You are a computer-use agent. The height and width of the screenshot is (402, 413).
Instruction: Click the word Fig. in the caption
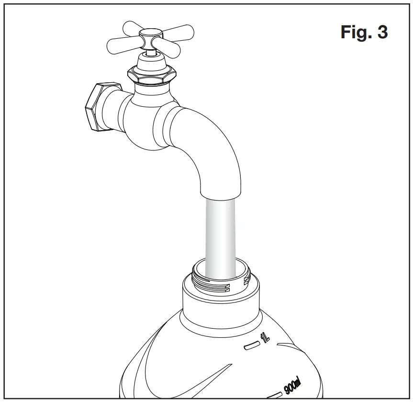(x=355, y=33)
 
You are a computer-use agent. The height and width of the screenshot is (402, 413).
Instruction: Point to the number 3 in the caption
(x=382, y=33)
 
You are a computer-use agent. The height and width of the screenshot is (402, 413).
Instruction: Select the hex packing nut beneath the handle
(x=152, y=75)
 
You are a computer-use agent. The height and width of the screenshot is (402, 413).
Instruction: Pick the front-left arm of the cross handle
(x=124, y=46)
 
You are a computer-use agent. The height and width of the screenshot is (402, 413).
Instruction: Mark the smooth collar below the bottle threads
(x=221, y=306)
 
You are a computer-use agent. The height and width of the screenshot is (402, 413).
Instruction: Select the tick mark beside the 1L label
(x=251, y=346)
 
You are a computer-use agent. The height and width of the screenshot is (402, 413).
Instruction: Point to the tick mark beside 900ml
(x=274, y=395)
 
